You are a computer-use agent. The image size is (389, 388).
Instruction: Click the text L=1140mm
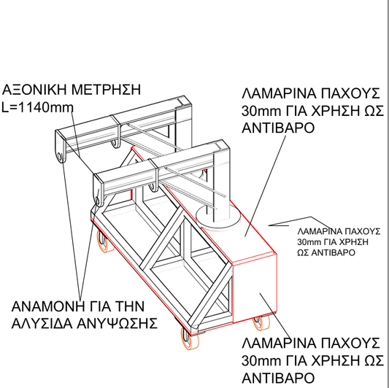[39, 106]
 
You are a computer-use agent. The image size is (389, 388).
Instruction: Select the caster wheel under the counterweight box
[259, 319]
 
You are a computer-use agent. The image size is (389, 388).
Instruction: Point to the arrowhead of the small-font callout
[271, 224]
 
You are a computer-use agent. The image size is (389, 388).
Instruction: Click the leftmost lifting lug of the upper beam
[60, 153]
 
